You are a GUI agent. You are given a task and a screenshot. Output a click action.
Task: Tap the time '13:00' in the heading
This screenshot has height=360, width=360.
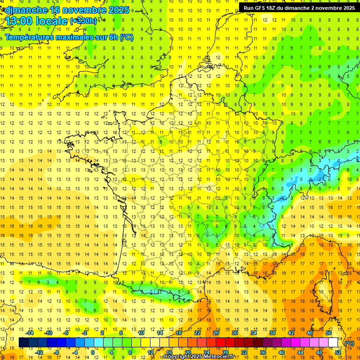[20, 21]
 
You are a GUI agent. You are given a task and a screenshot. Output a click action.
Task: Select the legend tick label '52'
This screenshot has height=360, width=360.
[337, 352]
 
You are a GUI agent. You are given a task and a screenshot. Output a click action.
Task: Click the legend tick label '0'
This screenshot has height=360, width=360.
[93, 352]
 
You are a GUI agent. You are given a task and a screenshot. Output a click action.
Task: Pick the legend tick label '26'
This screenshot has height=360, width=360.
[216, 333]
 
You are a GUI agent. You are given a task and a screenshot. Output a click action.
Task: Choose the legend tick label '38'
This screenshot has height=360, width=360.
[272, 333]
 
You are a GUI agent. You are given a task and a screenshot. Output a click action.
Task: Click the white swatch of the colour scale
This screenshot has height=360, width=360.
[333, 343]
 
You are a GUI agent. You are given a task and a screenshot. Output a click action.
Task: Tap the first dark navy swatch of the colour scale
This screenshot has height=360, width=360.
[23, 343]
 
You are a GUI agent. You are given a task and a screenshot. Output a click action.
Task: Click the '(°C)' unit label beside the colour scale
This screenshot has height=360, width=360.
[349, 343]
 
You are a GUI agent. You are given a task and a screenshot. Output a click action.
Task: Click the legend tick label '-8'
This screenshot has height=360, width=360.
[57, 352]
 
